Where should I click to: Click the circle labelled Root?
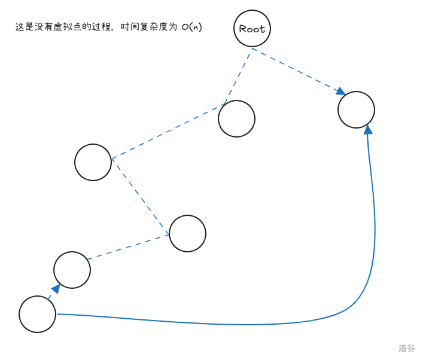coord(252,29)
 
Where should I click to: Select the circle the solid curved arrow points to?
coord(356,109)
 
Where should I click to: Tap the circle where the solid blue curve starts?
coord(37,314)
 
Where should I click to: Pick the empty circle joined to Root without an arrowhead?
coord(236,118)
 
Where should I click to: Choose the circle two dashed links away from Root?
coord(93,162)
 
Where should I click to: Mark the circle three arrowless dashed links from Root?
coord(187,233)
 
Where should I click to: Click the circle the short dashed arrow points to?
coord(72,270)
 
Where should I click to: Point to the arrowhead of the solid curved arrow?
coord(368,129)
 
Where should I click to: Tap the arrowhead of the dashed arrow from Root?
coord(341,91)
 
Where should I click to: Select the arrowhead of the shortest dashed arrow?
coord(54,289)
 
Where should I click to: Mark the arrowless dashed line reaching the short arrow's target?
coord(129,247)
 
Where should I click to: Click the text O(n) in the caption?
coord(191,28)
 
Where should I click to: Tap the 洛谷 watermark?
coord(407,347)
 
